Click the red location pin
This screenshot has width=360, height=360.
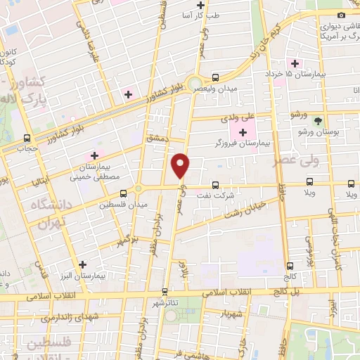181,165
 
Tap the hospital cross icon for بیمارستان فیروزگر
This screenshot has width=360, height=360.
243,131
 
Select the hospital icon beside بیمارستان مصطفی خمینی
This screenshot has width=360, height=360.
94,155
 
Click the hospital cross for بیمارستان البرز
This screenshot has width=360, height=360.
84,264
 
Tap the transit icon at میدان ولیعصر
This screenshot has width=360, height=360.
215,77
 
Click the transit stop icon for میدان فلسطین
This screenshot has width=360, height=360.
123,193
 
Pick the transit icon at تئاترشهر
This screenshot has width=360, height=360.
165,290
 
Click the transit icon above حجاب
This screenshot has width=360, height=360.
27,138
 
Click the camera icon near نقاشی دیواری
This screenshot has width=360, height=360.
342,15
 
